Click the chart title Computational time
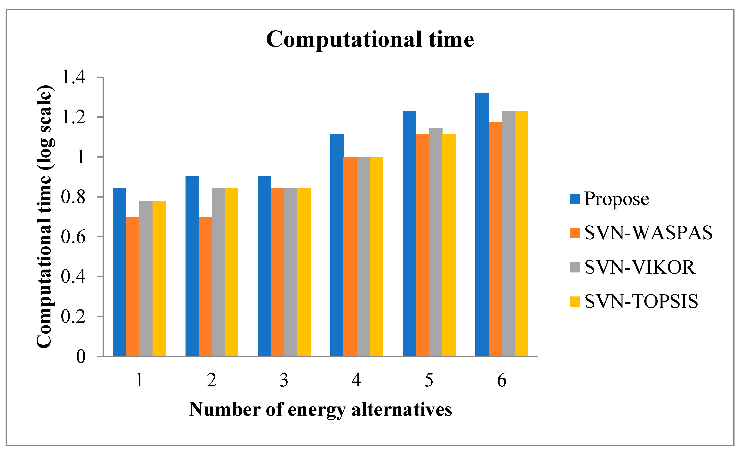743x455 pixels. [x=370, y=40]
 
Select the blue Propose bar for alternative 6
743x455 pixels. [x=482, y=225]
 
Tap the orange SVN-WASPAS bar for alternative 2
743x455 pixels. [x=205, y=287]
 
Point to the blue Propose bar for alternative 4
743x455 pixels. [x=337, y=245]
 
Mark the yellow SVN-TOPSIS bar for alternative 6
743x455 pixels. [x=522, y=234]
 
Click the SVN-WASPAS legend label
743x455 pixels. [x=648, y=233]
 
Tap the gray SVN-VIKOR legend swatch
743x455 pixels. [x=575, y=267]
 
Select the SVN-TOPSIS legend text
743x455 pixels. [x=641, y=301]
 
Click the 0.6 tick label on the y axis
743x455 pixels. [x=73, y=237]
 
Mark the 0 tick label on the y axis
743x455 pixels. [x=81, y=357]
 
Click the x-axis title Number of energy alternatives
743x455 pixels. [x=320, y=410]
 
